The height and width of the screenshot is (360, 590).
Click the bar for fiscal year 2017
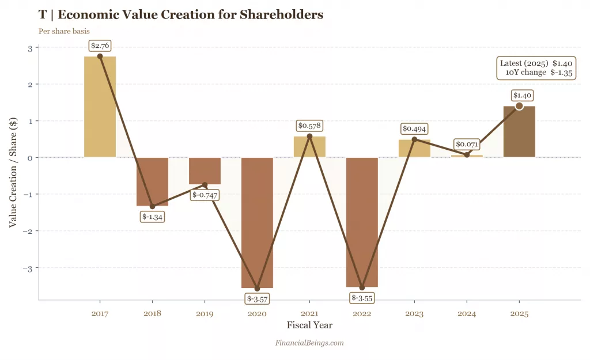[100, 107]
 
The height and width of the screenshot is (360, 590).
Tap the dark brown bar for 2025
[519, 131]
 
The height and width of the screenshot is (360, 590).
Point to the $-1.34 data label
[153, 217]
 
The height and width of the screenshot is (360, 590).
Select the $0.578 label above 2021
[309, 125]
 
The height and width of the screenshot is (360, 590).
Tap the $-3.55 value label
[362, 298]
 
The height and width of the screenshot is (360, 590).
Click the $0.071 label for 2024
[467, 143]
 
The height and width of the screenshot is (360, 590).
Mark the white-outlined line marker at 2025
[519, 106]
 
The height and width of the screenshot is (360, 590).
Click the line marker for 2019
[205, 185]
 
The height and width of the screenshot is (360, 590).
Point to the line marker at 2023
[414, 139]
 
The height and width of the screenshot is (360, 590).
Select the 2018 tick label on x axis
[152, 314]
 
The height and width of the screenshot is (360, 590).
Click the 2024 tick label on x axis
[467, 314]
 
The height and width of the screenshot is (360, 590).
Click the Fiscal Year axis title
[309, 325]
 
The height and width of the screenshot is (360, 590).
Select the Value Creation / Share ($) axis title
[13, 173]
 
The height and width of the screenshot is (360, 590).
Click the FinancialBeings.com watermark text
[309, 343]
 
